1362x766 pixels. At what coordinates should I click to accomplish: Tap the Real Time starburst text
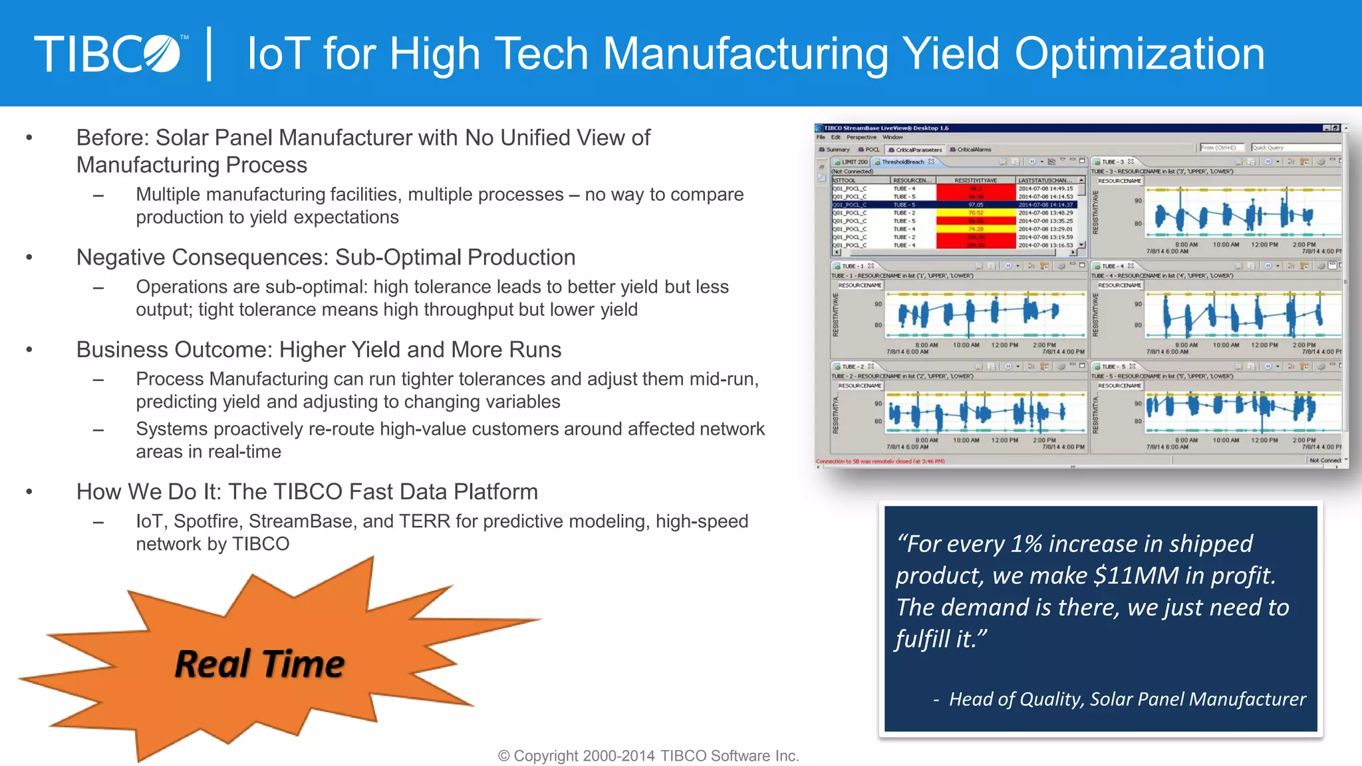[x=259, y=664]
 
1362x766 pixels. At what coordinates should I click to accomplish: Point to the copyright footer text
[x=648, y=756]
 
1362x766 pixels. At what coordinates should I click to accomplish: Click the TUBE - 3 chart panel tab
[x=1113, y=162]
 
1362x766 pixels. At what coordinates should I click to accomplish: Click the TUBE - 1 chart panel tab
[x=853, y=266]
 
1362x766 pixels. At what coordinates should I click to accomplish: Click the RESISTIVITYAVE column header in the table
[x=975, y=180]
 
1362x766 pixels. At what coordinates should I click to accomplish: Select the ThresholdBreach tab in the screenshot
[x=902, y=162]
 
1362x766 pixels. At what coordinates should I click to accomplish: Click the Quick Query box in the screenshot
[x=1294, y=148]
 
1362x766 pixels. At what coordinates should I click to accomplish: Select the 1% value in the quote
[x=1027, y=544]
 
